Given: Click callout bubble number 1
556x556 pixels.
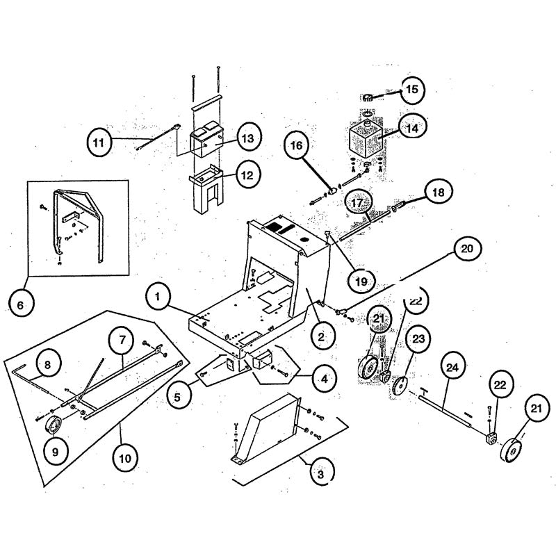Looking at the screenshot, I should point(158,297).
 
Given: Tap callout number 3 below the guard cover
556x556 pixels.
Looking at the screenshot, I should point(320,475).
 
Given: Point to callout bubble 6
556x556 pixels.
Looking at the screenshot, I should point(20,304).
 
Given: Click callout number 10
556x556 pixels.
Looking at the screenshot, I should point(128,458).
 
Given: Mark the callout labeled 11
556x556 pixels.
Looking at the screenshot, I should point(100,143).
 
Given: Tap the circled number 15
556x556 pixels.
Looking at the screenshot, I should point(411,89).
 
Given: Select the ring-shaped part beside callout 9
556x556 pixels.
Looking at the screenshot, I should point(54,425).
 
